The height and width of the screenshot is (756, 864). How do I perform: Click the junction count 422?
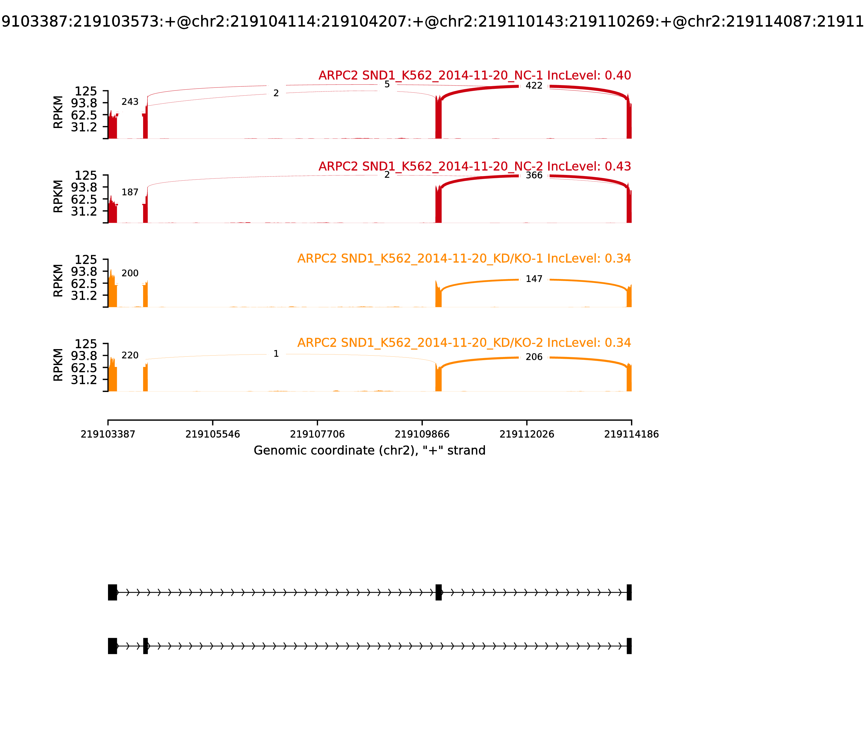pyautogui.click(x=534, y=86)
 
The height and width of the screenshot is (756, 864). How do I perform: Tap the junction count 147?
pyautogui.click(x=534, y=279)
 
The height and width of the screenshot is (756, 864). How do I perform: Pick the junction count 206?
pyautogui.click(x=534, y=357)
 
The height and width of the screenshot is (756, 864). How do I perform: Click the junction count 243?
pyautogui.click(x=130, y=102)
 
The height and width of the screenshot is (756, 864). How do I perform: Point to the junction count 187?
pyautogui.click(x=130, y=192)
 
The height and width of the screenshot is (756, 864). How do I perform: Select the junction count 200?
pyautogui.click(x=130, y=273)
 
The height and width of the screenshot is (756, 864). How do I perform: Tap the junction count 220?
pyautogui.click(x=130, y=355)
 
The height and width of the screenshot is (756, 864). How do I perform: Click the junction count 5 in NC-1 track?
pyautogui.click(x=387, y=84)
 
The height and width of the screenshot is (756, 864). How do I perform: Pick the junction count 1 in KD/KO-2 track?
pyautogui.click(x=276, y=353)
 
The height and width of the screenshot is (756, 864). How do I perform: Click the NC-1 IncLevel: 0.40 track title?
pyautogui.click(x=475, y=76)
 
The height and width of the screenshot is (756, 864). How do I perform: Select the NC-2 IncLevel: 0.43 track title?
pyautogui.click(x=475, y=166)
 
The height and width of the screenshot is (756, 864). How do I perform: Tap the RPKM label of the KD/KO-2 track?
pyautogui.click(x=58, y=364)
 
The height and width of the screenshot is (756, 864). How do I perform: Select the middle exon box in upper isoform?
pyautogui.click(x=438, y=592)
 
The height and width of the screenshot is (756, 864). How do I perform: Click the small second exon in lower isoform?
pyautogui.click(x=145, y=646)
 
